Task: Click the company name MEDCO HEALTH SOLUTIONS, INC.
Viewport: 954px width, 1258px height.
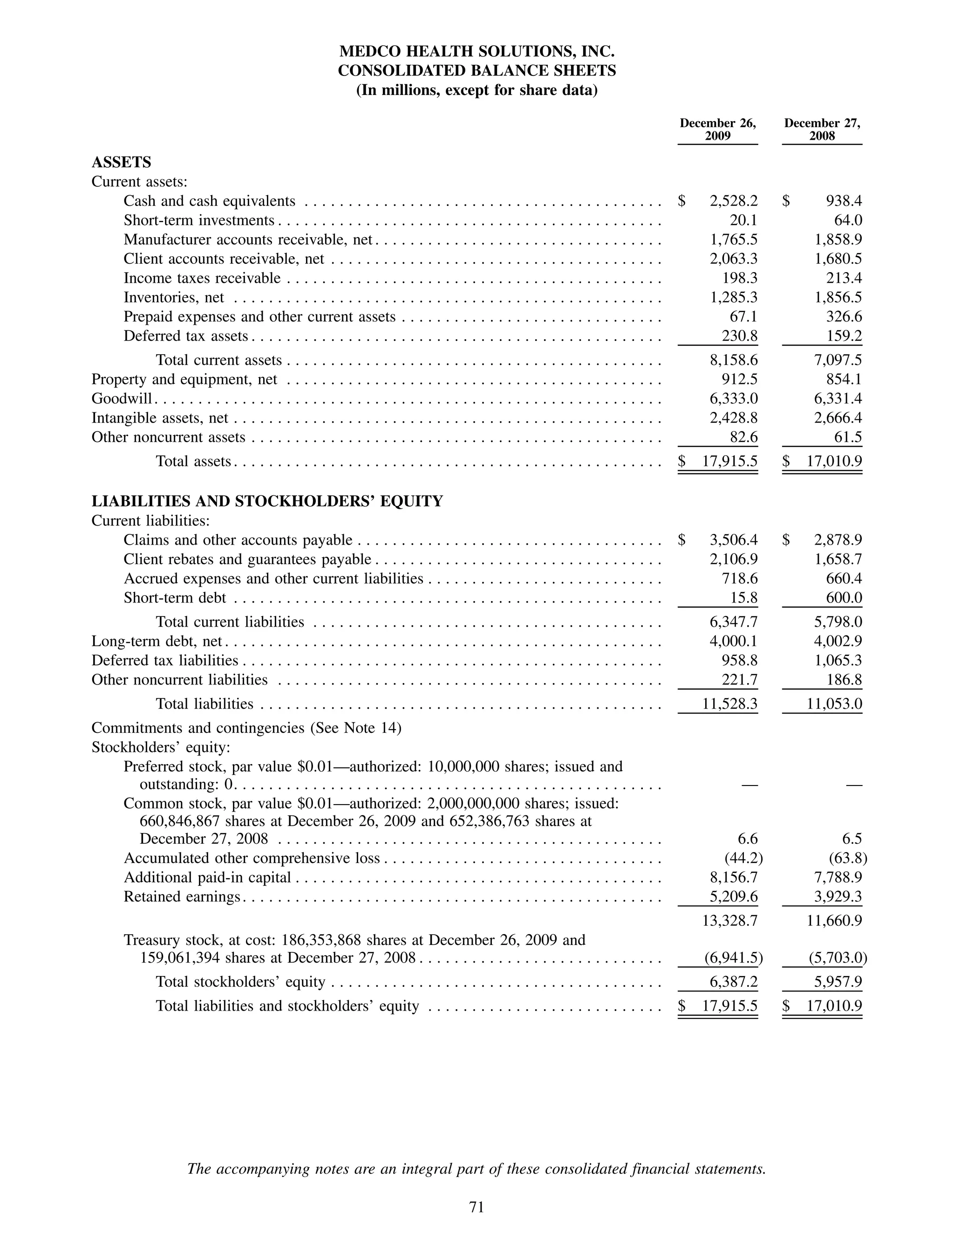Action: tap(477, 52)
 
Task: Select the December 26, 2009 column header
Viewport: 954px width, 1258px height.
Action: tap(717, 130)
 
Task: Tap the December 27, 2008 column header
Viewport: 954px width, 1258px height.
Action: tap(822, 130)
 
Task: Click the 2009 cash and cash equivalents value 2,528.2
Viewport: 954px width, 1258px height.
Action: tap(733, 201)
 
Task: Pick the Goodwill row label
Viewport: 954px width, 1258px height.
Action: tap(122, 399)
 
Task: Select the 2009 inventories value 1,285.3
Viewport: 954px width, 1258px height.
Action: tap(733, 297)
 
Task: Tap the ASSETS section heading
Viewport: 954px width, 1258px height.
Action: tap(121, 163)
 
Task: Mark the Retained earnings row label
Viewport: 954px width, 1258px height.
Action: tap(182, 897)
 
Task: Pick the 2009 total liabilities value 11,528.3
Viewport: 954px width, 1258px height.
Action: tap(730, 704)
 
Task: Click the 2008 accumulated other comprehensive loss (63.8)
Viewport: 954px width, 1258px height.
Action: tap(847, 858)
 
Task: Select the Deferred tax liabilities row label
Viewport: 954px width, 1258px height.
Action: tap(165, 661)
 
